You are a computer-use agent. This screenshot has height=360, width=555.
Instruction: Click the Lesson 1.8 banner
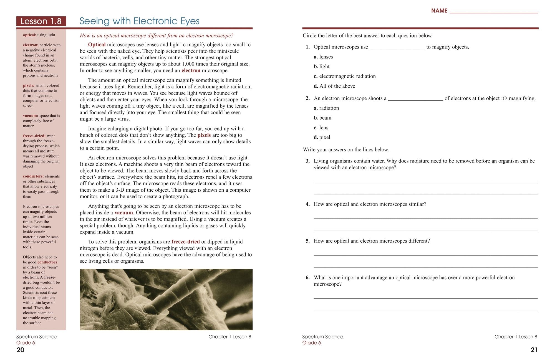tap(41, 21)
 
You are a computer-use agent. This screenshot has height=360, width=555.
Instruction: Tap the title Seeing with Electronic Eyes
tap(139, 21)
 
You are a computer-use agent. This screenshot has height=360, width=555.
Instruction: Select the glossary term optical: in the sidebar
tap(29, 35)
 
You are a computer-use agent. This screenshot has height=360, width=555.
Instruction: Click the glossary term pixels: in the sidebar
tap(29, 85)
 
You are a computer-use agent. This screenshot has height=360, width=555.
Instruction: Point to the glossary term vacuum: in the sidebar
tap(31, 116)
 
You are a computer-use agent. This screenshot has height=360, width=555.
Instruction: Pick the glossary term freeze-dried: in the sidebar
tap(34, 136)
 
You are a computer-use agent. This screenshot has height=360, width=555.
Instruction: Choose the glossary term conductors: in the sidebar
tap(33, 176)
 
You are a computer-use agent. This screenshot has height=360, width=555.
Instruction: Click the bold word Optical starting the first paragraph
tap(97, 45)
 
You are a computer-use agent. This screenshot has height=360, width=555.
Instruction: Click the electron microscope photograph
tap(166, 299)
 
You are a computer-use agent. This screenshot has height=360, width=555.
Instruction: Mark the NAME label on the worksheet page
tap(439, 11)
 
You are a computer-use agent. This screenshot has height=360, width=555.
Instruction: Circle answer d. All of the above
tap(334, 86)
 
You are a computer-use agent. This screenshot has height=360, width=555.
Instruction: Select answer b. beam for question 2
tap(322, 118)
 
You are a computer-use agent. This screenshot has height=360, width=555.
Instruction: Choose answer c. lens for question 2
tap(321, 128)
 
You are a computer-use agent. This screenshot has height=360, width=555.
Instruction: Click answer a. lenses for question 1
tap(323, 57)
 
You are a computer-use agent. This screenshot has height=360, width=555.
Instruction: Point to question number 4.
tap(307, 204)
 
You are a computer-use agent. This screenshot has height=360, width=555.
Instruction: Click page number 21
tap(534, 350)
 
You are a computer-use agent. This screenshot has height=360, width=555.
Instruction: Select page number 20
tap(21, 350)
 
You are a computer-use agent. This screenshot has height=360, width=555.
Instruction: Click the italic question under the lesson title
tap(157, 36)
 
